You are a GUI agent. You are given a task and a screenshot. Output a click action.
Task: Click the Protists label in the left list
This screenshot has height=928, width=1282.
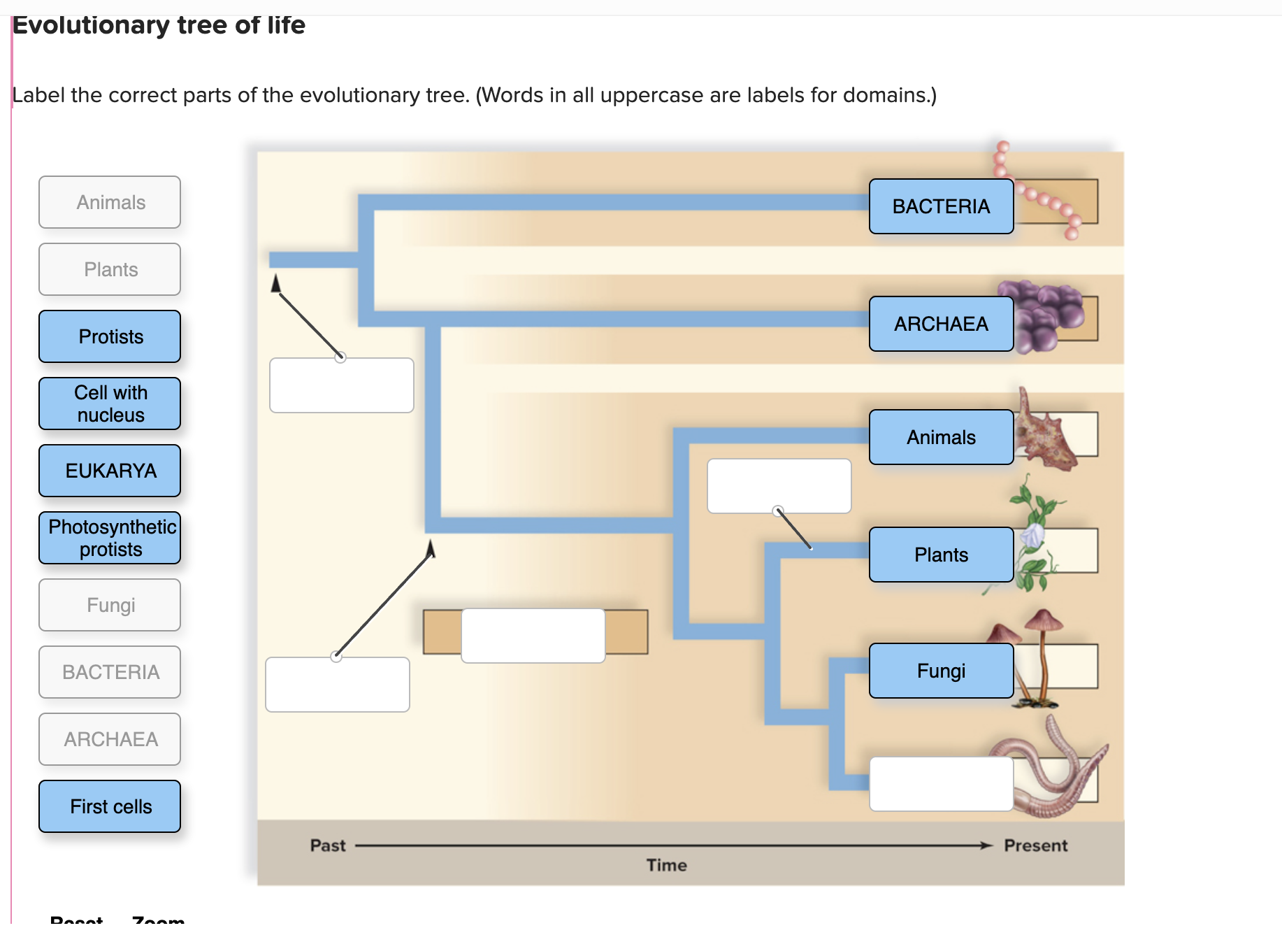[110, 336]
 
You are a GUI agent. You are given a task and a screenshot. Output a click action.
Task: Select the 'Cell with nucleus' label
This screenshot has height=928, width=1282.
[110, 404]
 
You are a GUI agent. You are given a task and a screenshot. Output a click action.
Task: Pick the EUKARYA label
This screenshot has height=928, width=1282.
[110, 471]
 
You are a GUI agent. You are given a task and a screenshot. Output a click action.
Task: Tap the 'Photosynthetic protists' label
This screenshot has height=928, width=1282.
[110, 538]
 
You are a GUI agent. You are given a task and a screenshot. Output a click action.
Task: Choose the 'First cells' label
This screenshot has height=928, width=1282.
[110, 806]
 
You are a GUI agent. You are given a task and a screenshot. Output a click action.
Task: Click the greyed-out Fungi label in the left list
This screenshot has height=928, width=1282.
[110, 605]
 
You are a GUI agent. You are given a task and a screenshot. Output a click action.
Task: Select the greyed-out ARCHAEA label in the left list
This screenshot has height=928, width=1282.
[110, 739]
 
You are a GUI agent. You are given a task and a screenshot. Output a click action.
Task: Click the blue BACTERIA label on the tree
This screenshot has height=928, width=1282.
[941, 206]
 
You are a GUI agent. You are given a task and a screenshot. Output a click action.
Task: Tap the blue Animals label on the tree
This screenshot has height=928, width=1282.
[941, 437]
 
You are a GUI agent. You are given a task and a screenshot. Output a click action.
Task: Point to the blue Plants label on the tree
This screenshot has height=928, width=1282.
[941, 555]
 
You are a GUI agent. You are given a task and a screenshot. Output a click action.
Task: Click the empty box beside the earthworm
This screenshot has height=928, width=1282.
[941, 784]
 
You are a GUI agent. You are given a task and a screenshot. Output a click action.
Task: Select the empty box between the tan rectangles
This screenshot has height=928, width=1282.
[533, 636]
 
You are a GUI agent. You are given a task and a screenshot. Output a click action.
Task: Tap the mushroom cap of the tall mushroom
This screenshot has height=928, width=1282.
[1043, 620]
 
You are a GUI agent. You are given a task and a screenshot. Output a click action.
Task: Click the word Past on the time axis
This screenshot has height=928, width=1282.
[328, 845]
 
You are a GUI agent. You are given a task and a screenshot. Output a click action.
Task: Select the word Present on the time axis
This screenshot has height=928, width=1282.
[1035, 845]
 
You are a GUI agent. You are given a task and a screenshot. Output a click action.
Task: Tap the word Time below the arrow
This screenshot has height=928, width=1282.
[666, 865]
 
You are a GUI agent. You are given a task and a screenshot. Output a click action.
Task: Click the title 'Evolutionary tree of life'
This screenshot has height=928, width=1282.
[159, 25]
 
